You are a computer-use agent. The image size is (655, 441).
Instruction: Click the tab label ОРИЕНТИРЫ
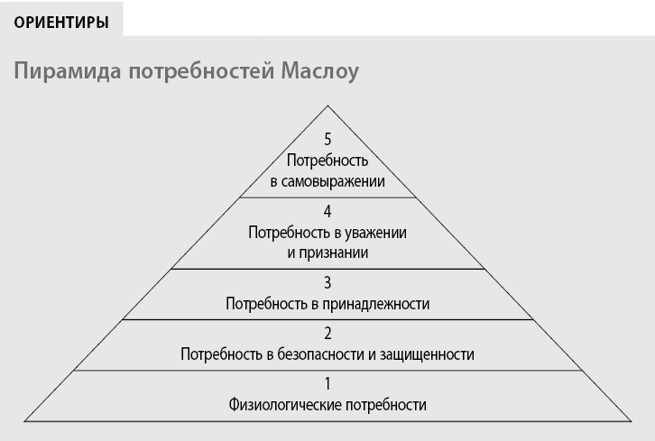coord(61,23)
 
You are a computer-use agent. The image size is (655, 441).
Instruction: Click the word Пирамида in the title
coord(68,71)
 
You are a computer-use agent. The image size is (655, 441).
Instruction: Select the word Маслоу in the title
coord(319,71)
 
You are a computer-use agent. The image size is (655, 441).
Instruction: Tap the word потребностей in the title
coord(201,71)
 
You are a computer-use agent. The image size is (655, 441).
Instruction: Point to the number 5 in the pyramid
coord(327,139)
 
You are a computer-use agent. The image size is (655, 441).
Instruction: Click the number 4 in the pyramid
coord(327,211)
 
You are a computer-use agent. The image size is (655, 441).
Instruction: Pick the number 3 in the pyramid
coord(327,282)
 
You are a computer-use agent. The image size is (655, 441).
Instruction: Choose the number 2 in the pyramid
coord(327,334)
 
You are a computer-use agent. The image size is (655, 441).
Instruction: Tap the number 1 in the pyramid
coord(327,384)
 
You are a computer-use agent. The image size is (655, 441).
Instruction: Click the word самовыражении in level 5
coord(333,181)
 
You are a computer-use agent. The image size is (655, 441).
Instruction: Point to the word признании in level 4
coord(334,253)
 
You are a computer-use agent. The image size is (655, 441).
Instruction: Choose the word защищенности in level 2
coord(428,354)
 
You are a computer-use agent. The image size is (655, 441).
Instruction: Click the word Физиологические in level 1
coord(285,405)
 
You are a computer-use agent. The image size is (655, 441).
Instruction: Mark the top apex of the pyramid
coord(327,106)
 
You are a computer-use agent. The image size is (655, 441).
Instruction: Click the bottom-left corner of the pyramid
coord(24,421)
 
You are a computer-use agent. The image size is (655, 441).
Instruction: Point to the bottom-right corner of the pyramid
coord(632,421)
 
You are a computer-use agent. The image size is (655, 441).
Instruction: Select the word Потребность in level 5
coord(327,161)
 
